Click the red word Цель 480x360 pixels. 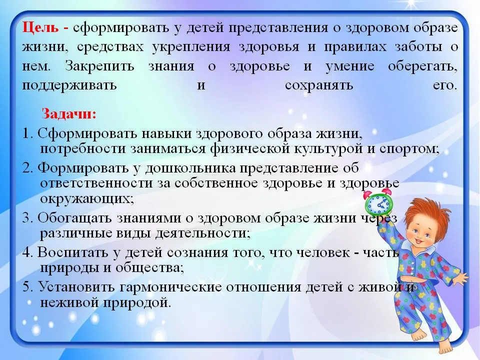coord(40,28)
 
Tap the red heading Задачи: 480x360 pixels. coord(69,114)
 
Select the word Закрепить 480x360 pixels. coord(99,66)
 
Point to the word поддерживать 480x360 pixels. coord(69,85)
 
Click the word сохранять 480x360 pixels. coord(318,85)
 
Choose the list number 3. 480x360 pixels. coord(27,218)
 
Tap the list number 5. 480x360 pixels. coord(27,287)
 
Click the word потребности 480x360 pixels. coord(83,149)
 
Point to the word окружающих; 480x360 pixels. coord(87,199)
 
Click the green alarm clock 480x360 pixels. coord(378,202)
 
